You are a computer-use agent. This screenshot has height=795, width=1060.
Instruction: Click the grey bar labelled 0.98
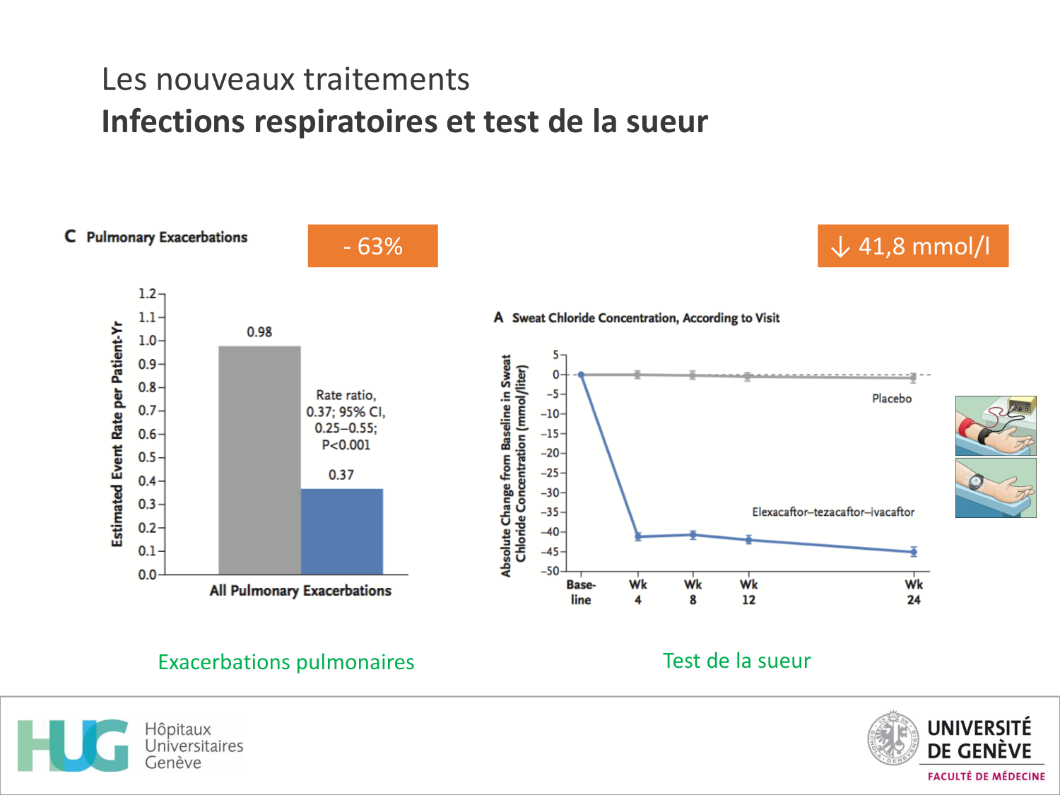tap(259, 459)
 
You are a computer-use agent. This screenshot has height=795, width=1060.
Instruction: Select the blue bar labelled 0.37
tap(341, 531)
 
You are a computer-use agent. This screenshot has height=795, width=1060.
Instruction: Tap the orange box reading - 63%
tap(372, 246)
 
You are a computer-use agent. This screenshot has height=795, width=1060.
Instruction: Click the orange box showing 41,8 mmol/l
tap(912, 246)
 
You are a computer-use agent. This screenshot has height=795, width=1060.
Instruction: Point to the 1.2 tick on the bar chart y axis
tap(148, 293)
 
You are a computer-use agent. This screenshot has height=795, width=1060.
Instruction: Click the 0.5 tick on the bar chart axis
tap(148, 457)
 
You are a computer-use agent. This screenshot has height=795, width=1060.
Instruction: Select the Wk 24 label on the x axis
tap(914, 591)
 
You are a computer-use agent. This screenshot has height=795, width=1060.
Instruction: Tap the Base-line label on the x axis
tap(581, 591)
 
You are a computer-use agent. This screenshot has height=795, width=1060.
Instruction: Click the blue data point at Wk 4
tap(638, 537)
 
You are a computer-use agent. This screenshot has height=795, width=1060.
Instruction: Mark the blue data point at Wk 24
tap(914, 551)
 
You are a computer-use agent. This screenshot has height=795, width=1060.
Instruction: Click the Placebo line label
tap(891, 399)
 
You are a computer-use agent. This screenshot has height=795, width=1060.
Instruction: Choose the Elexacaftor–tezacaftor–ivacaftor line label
tap(832, 512)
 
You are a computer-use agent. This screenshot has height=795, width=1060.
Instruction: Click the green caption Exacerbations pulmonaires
tap(286, 662)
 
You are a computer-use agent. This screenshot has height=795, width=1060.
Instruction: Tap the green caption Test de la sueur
tap(736, 661)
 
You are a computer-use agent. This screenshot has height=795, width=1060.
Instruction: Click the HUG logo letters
tap(73, 746)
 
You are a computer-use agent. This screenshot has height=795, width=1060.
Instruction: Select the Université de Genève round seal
tap(893, 738)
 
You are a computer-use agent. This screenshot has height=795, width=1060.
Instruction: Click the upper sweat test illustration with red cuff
tap(995, 425)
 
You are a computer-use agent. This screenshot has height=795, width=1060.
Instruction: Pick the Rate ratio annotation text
tap(346, 420)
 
